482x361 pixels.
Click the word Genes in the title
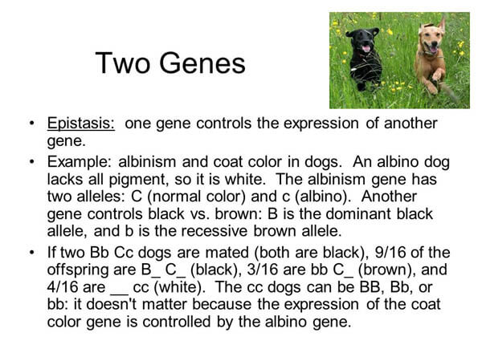[x=202, y=63]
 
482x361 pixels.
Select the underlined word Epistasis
[x=81, y=123]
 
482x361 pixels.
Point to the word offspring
[x=77, y=270]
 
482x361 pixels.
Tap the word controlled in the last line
[x=177, y=322]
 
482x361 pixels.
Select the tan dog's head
[x=431, y=38]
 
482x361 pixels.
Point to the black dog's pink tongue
[x=366, y=48]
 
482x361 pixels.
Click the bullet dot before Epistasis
[x=31, y=124]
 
